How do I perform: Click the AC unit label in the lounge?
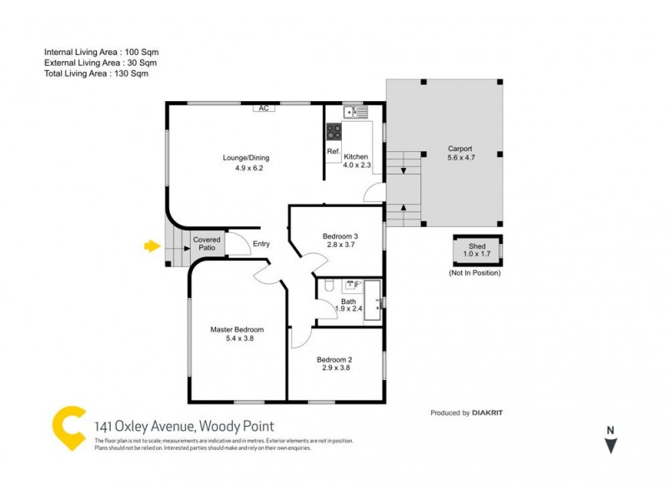pos(263,109)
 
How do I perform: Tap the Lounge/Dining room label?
pos(246,158)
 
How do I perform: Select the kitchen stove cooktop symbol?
pos(333,131)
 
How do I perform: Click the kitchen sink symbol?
pos(356,112)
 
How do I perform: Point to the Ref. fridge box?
pos(333,152)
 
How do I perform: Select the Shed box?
pos(477,251)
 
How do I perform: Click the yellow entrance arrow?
pos(151,245)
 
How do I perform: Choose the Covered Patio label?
pos(207,244)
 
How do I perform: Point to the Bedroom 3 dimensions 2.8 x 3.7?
pos(339,245)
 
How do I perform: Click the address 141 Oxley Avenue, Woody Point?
pos(184,427)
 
